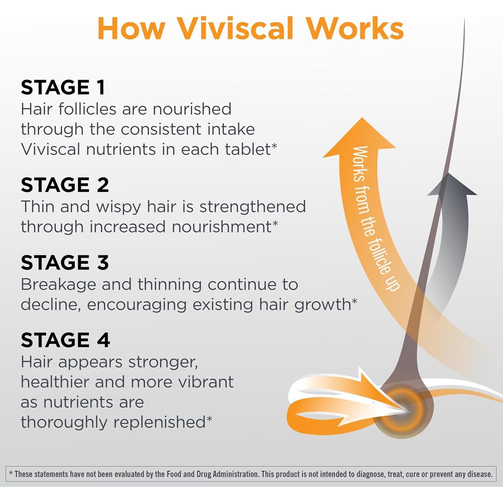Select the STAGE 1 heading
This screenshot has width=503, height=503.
63,88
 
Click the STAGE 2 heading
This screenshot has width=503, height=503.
65,185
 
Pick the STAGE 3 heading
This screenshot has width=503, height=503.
65,263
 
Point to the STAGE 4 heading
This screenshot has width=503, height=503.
65,340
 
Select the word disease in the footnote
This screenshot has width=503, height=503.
480,474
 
